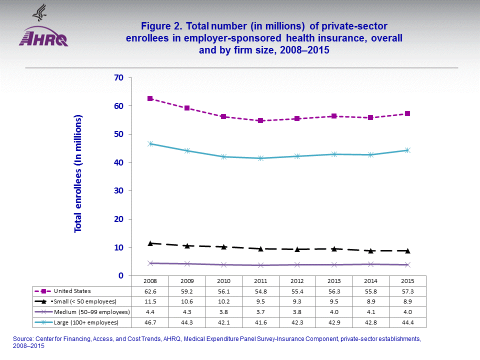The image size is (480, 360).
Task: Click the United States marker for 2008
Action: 149,98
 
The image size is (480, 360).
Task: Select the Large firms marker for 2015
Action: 407,150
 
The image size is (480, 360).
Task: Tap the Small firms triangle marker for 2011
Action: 260,248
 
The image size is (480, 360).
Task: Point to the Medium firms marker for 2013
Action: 334,264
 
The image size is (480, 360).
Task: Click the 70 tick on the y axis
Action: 118,77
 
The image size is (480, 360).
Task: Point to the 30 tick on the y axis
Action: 118,191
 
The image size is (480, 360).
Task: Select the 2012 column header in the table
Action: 297,280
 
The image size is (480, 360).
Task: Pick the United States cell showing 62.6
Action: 149,290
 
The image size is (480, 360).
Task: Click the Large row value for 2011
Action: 260,322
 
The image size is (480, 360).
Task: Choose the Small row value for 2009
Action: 186,301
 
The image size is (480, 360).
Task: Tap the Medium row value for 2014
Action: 371,312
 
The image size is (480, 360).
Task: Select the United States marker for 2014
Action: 370,117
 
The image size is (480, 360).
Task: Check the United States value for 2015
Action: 408,290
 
